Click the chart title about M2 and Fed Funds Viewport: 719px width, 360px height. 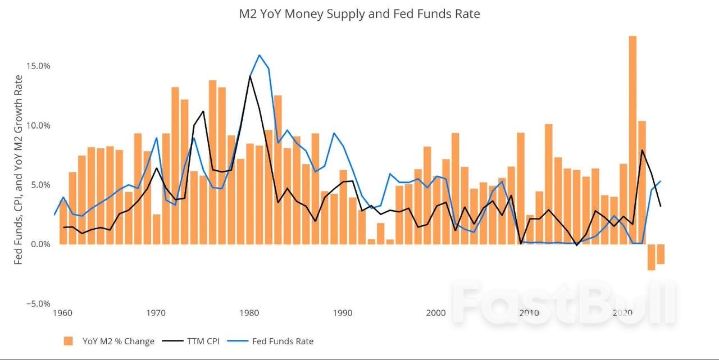point(359,14)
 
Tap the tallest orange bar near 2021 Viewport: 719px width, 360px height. point(632,140)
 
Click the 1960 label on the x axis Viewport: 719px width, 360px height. point(62,313)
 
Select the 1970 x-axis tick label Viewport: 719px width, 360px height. point(156,313)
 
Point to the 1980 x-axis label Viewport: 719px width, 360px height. point(249,313)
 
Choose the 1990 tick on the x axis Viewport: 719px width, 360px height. point(343,313)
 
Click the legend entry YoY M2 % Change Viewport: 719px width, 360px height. point(109,341)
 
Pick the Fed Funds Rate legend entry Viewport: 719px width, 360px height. point(274,341)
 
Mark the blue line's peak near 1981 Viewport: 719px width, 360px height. point(259,55)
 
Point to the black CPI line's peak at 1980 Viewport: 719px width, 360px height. point(249,76)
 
